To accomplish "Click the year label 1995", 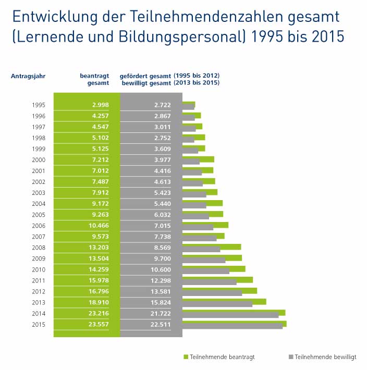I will [38, 105].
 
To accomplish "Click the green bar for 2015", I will [234, 323].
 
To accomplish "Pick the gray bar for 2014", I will [230, 315].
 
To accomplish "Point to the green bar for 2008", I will [211, 246].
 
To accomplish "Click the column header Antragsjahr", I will [28, 76].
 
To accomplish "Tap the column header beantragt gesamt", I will [94, 79].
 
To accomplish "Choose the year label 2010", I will [38, 269].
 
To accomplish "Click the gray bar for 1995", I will [188, 107].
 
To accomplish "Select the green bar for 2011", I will [217, 279].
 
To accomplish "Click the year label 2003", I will [38, 193].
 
